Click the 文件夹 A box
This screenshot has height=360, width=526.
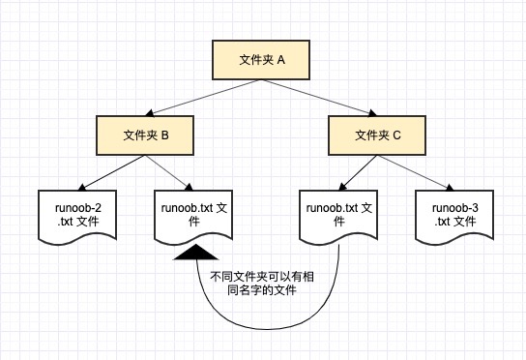point(262,60)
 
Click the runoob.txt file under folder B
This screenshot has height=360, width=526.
point(194,214)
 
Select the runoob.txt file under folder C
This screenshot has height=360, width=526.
point(338,214)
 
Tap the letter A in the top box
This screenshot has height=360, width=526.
point(281,60)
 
